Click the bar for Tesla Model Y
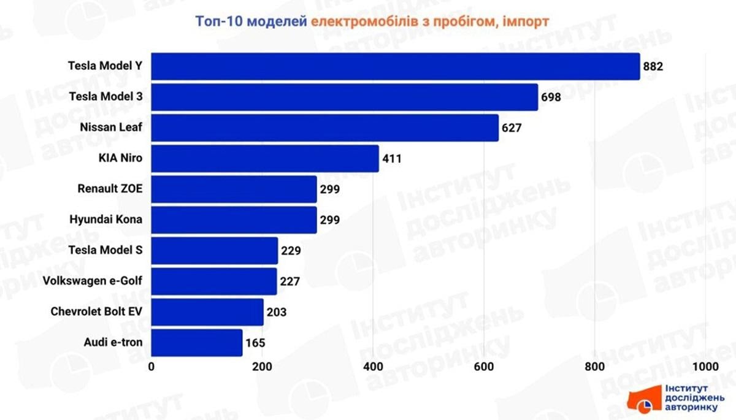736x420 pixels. tap(396, 66)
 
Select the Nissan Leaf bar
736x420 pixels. tap(325, 128)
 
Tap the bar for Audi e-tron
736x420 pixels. tap(197, 342)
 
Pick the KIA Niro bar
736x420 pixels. tap(265, 158)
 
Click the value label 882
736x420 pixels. tap(653, 66)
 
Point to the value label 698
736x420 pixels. tap(551, 97)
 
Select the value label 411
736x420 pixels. tap(391, 159)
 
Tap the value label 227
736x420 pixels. tap(289, 281)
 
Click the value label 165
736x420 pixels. tap(255, 343)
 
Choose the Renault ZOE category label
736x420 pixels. tap(110, 189)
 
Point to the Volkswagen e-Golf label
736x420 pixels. tap(93, 281)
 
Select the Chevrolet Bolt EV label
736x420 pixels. tap(96, 311)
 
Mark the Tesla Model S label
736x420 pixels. tap(105, 250)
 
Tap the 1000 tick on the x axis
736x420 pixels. tap(705, 367)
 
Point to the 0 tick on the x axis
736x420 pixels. tap(151, 367)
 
